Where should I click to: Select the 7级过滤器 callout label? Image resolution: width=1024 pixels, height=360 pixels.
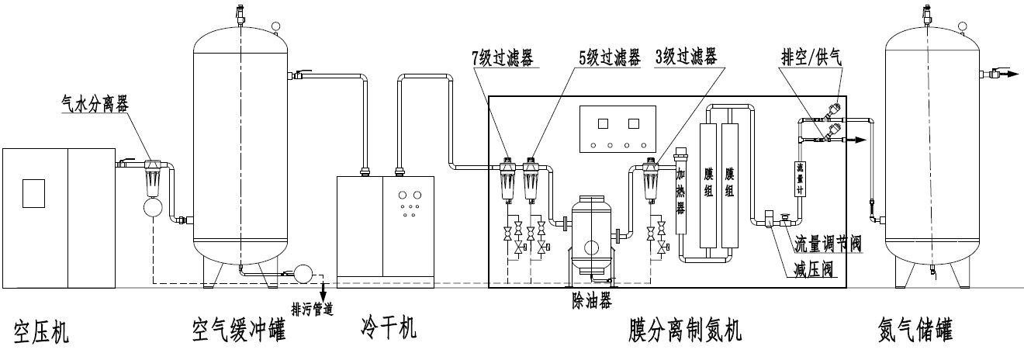(505, 57)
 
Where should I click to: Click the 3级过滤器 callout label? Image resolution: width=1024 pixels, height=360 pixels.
(686, 57)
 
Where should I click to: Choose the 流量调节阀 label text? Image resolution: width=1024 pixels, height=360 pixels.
(827, 246)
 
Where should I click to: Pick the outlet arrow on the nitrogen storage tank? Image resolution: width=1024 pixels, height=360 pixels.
(1008, 74)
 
